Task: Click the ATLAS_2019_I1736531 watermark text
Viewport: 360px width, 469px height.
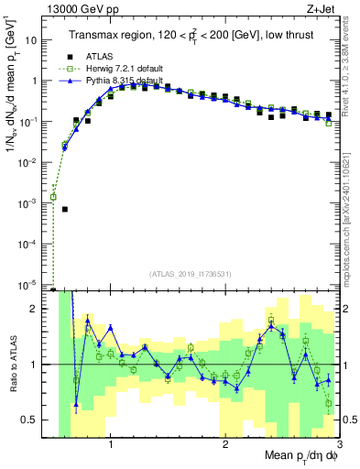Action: [191, 273]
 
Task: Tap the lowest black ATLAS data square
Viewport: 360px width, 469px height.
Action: [64, 209]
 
